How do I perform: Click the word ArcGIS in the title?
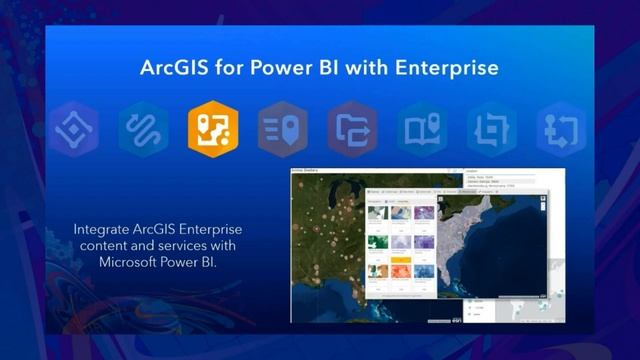click(x=176, y=69)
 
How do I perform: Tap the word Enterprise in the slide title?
click(x=446, y=69)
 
